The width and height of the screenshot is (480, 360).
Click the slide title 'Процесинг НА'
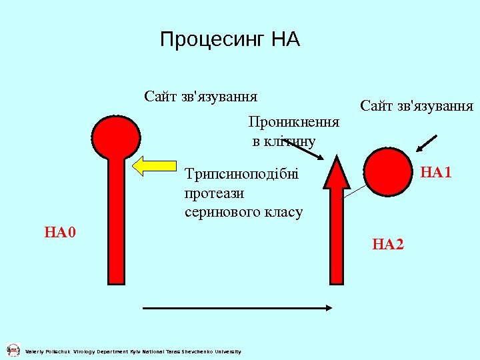tap(230, 40)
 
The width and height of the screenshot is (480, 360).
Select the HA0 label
tap(61, 233)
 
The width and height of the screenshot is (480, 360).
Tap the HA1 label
tap(436, 173)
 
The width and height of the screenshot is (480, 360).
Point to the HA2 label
tap(388, 245)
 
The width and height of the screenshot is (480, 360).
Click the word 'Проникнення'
tap(293, 122)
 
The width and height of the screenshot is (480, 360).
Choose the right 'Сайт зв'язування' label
tap(417, 106)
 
